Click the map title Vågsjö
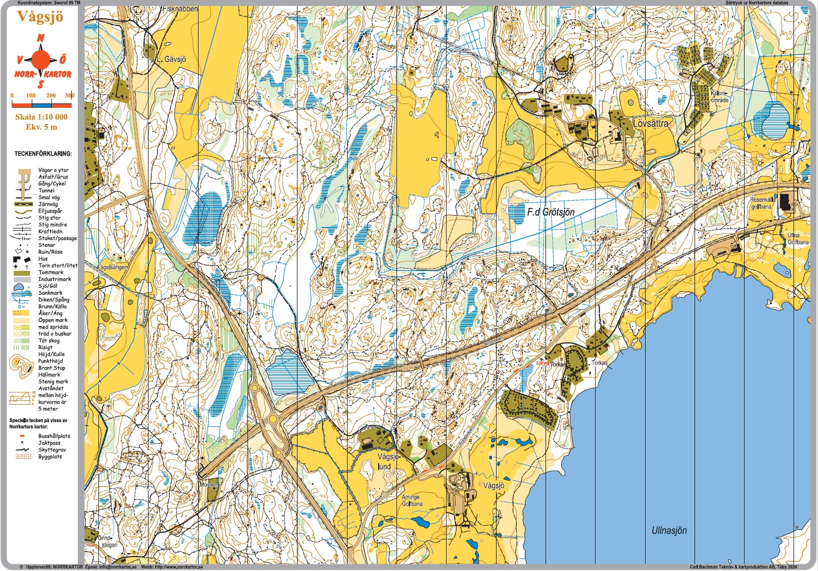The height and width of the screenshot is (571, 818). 40,17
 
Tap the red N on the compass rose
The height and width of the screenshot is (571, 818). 41,38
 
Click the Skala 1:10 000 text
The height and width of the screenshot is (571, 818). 41,117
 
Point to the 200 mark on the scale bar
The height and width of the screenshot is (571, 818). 51,96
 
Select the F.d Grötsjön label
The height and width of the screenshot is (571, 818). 551,212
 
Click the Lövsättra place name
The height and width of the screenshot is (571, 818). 651,123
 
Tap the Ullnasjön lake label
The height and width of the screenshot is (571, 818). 669,530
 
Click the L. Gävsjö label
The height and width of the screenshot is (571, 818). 171,59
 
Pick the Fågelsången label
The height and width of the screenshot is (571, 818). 113,267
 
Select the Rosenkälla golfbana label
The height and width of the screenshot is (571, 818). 762,203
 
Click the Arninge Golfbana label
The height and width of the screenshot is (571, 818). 412,500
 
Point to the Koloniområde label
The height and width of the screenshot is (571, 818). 719,97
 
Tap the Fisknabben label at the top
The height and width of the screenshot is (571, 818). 180,9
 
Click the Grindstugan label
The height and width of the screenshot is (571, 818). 107,542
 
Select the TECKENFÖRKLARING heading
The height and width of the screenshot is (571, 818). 43,153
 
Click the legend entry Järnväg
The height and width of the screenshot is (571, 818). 49,204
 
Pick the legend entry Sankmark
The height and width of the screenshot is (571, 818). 50,292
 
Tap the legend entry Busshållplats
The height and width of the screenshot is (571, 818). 54,436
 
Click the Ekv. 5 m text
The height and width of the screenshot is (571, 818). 41,127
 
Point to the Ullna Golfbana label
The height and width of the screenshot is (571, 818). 797,239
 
